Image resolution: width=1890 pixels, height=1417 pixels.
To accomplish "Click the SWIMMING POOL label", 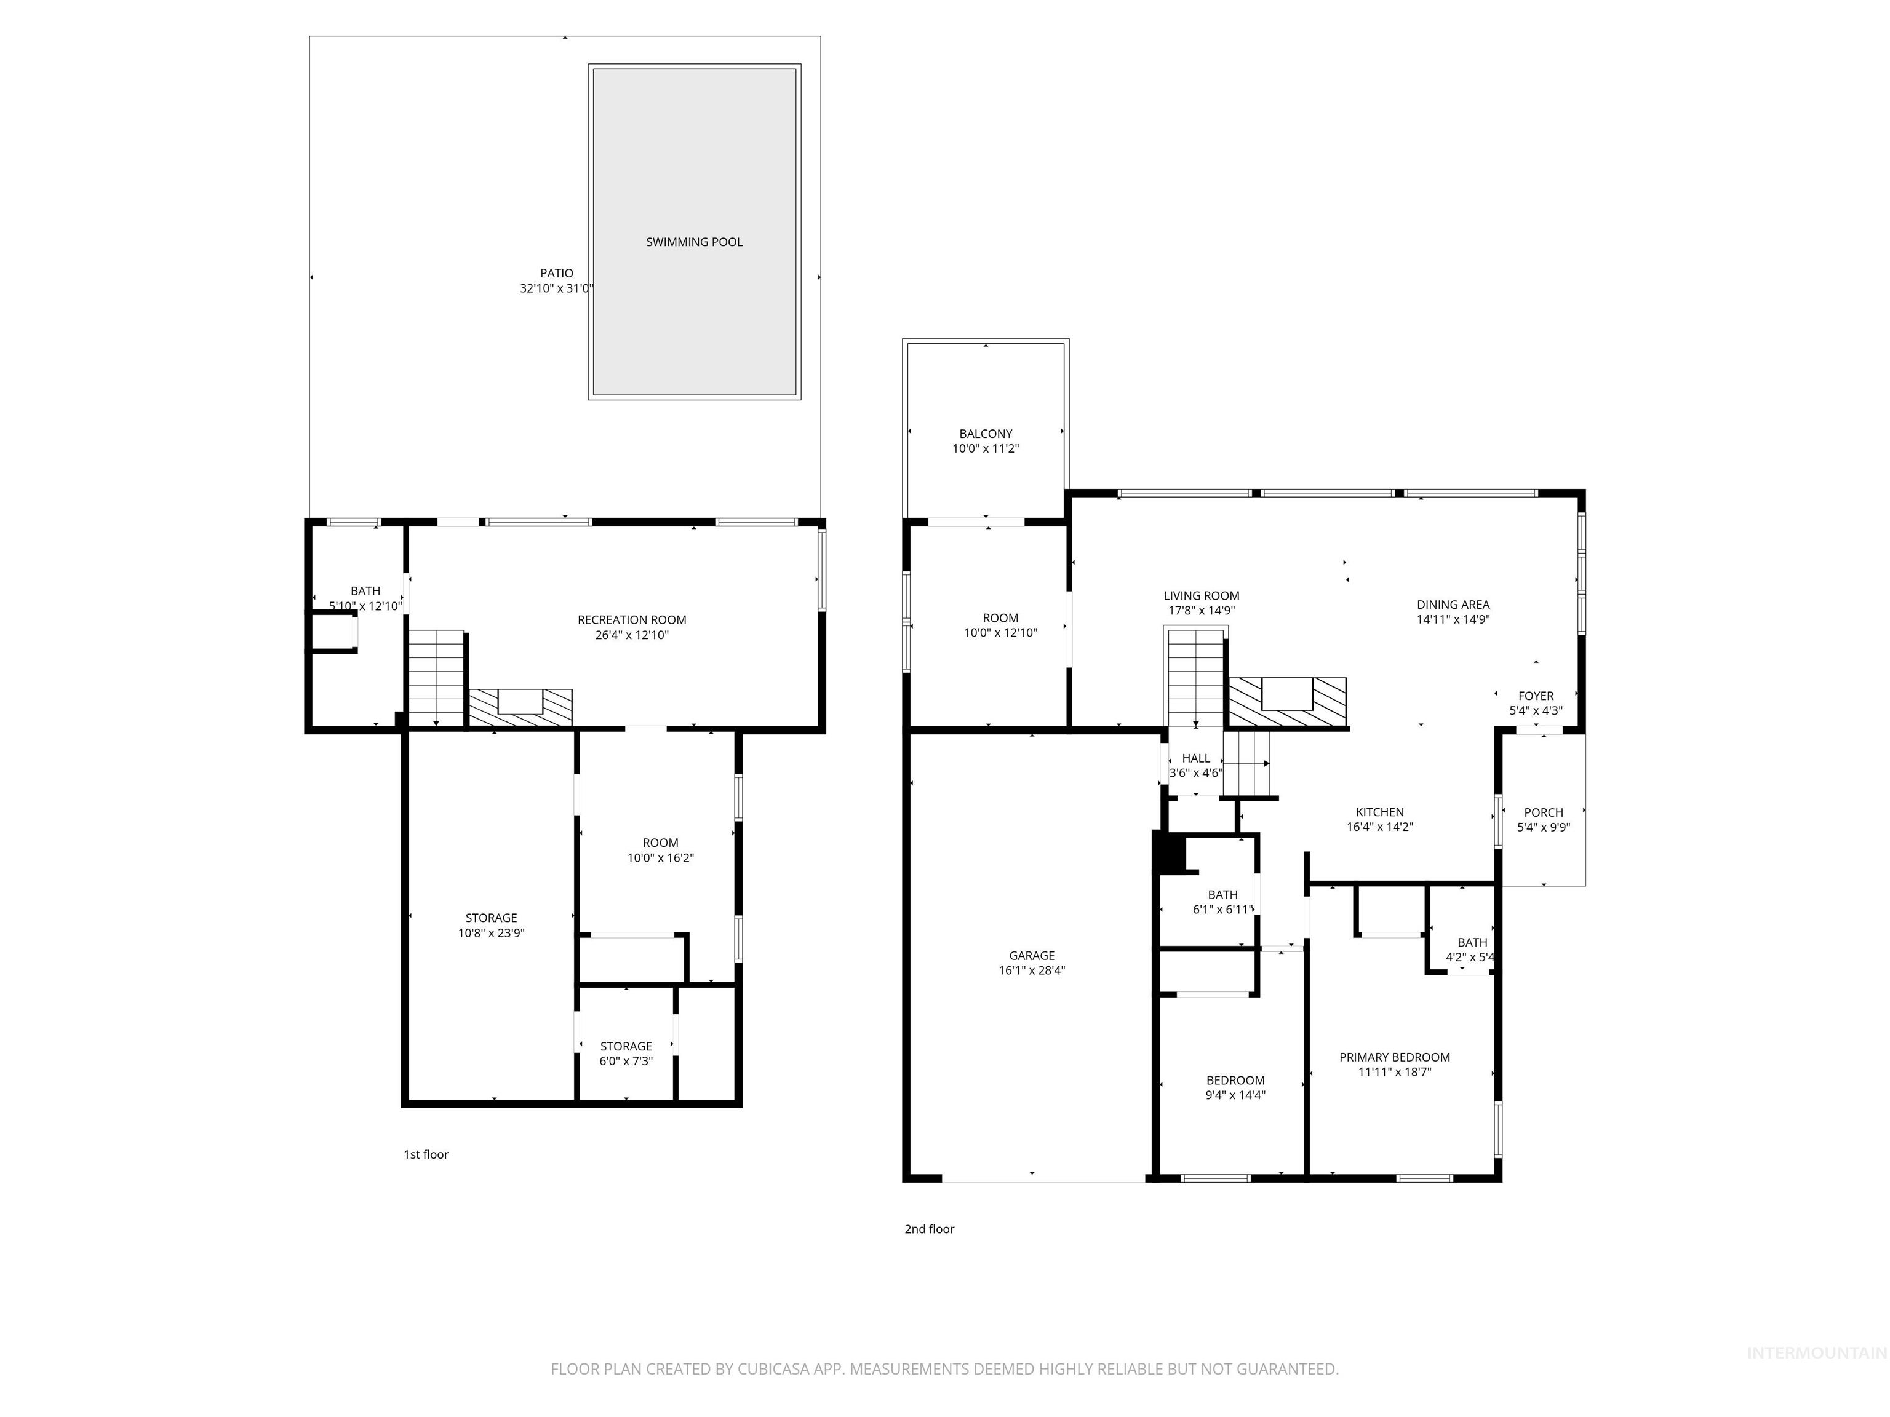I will click(694, 242).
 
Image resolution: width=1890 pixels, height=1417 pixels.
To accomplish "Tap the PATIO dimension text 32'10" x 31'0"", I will click(556, 288).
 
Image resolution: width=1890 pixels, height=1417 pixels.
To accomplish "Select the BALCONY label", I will click(985, 434).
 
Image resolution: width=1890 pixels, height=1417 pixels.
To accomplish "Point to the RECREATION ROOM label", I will click(631, 620).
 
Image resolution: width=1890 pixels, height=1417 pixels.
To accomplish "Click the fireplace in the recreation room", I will click(520, 707).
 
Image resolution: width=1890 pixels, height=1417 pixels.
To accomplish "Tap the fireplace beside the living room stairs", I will click(1287, 702).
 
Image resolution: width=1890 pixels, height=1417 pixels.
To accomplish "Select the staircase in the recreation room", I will click(436, 677).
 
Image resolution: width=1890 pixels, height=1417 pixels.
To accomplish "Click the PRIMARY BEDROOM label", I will click(1395, 1057).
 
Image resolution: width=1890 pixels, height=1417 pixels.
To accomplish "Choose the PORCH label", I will click(1543, 812).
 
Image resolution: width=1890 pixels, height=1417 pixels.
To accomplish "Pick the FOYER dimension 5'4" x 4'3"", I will click(1536, 710).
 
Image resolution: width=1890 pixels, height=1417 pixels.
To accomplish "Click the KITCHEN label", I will click(1379, 812).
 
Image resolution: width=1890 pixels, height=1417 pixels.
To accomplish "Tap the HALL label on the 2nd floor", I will click(1195, 758).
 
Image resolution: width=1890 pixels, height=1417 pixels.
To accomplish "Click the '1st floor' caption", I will click(426, 1154).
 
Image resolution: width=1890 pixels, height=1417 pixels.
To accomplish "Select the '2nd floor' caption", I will click(929, 1229).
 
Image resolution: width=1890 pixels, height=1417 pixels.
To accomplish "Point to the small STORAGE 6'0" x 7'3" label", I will click(626, 1046).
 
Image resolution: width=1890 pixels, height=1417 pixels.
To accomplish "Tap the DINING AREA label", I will click(1453, 605).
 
